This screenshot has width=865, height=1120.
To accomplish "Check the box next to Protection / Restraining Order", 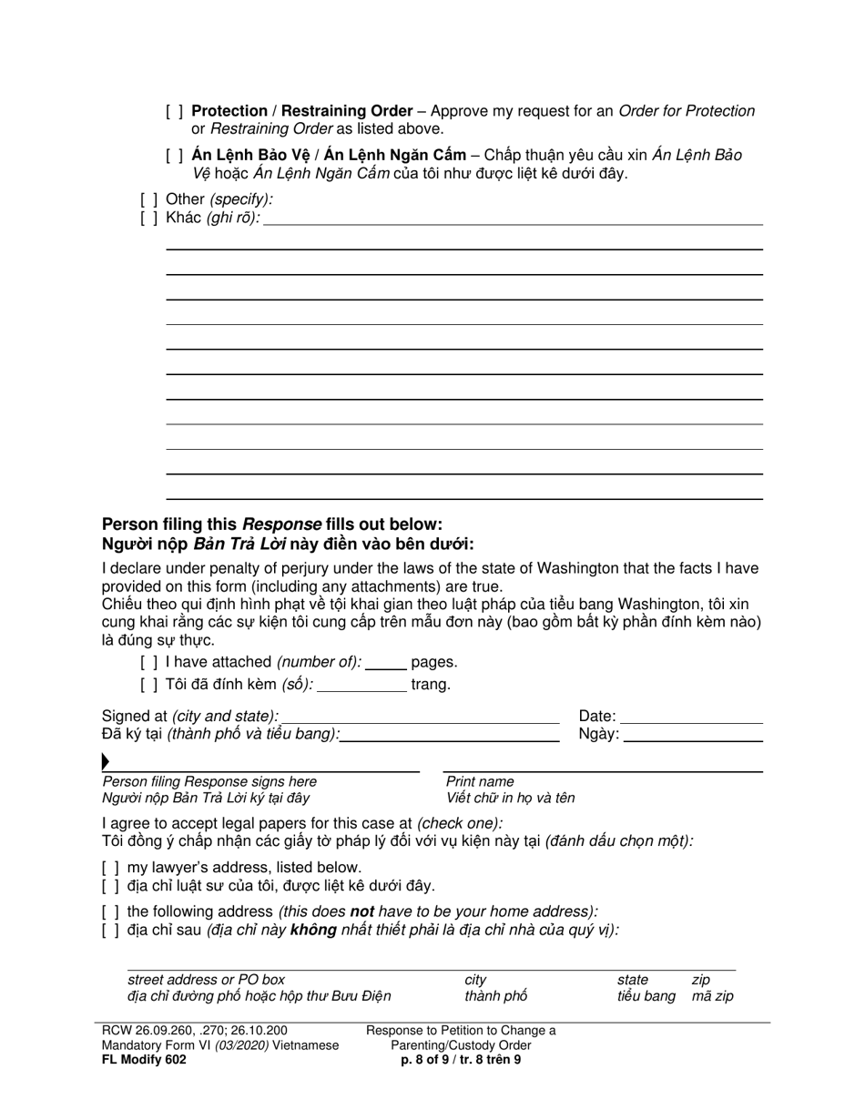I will pos(174,112).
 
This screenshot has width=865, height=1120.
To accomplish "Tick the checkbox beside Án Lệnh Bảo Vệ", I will pos(174,156).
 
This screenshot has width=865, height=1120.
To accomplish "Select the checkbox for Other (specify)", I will pos(148,199).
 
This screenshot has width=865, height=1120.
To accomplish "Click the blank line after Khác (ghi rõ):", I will pos(512,218).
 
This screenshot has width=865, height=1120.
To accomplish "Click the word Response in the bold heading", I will pos(281,524).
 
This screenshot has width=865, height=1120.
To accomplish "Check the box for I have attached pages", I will pos(148,663).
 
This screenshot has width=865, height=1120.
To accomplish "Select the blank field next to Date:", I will pos(691,717).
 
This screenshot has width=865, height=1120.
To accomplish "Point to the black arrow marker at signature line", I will pos(106,761).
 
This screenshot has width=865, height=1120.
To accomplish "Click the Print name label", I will pos(479,782).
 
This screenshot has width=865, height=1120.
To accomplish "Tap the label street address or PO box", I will pos(206,981).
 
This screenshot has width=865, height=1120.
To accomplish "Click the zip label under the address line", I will pos(700,981).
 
